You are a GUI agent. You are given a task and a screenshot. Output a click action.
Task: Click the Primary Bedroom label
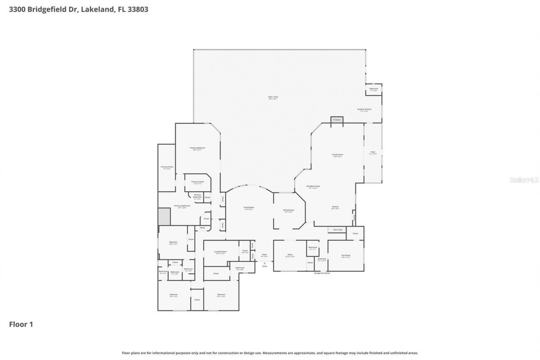(197, 148)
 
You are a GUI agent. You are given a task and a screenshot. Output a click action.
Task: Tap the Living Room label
(249, 207)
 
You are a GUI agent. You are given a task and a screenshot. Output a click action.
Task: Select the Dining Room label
(289, 210)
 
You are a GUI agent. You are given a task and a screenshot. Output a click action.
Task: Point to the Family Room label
(337, 155)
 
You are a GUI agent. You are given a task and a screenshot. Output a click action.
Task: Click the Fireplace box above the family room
(337, 120)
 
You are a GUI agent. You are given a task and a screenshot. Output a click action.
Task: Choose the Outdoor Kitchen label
(364, 109)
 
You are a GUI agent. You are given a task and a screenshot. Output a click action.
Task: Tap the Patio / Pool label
(273, 97)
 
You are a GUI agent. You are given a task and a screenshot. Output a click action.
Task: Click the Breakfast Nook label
(313, 186)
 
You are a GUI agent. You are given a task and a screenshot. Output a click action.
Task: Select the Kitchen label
(335, 207)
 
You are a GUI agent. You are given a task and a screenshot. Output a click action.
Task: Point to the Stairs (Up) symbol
(337, 230)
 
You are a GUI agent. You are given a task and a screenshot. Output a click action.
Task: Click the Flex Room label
(346, 255)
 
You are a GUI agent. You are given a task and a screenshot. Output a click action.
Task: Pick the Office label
(290, 255)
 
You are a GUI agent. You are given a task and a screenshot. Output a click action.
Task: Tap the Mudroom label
(322, 259)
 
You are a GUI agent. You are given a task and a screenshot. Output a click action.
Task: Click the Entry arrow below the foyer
(265, 263)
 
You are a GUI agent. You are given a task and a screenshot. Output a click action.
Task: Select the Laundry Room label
(221, 252)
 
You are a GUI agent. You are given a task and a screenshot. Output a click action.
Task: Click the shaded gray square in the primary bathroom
(164, 217)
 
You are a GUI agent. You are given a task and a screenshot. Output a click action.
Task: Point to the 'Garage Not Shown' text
(322, 273)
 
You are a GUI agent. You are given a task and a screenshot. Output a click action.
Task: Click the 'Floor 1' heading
(21, 325)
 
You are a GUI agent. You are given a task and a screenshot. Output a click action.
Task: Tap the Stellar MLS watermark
(524, 180)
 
